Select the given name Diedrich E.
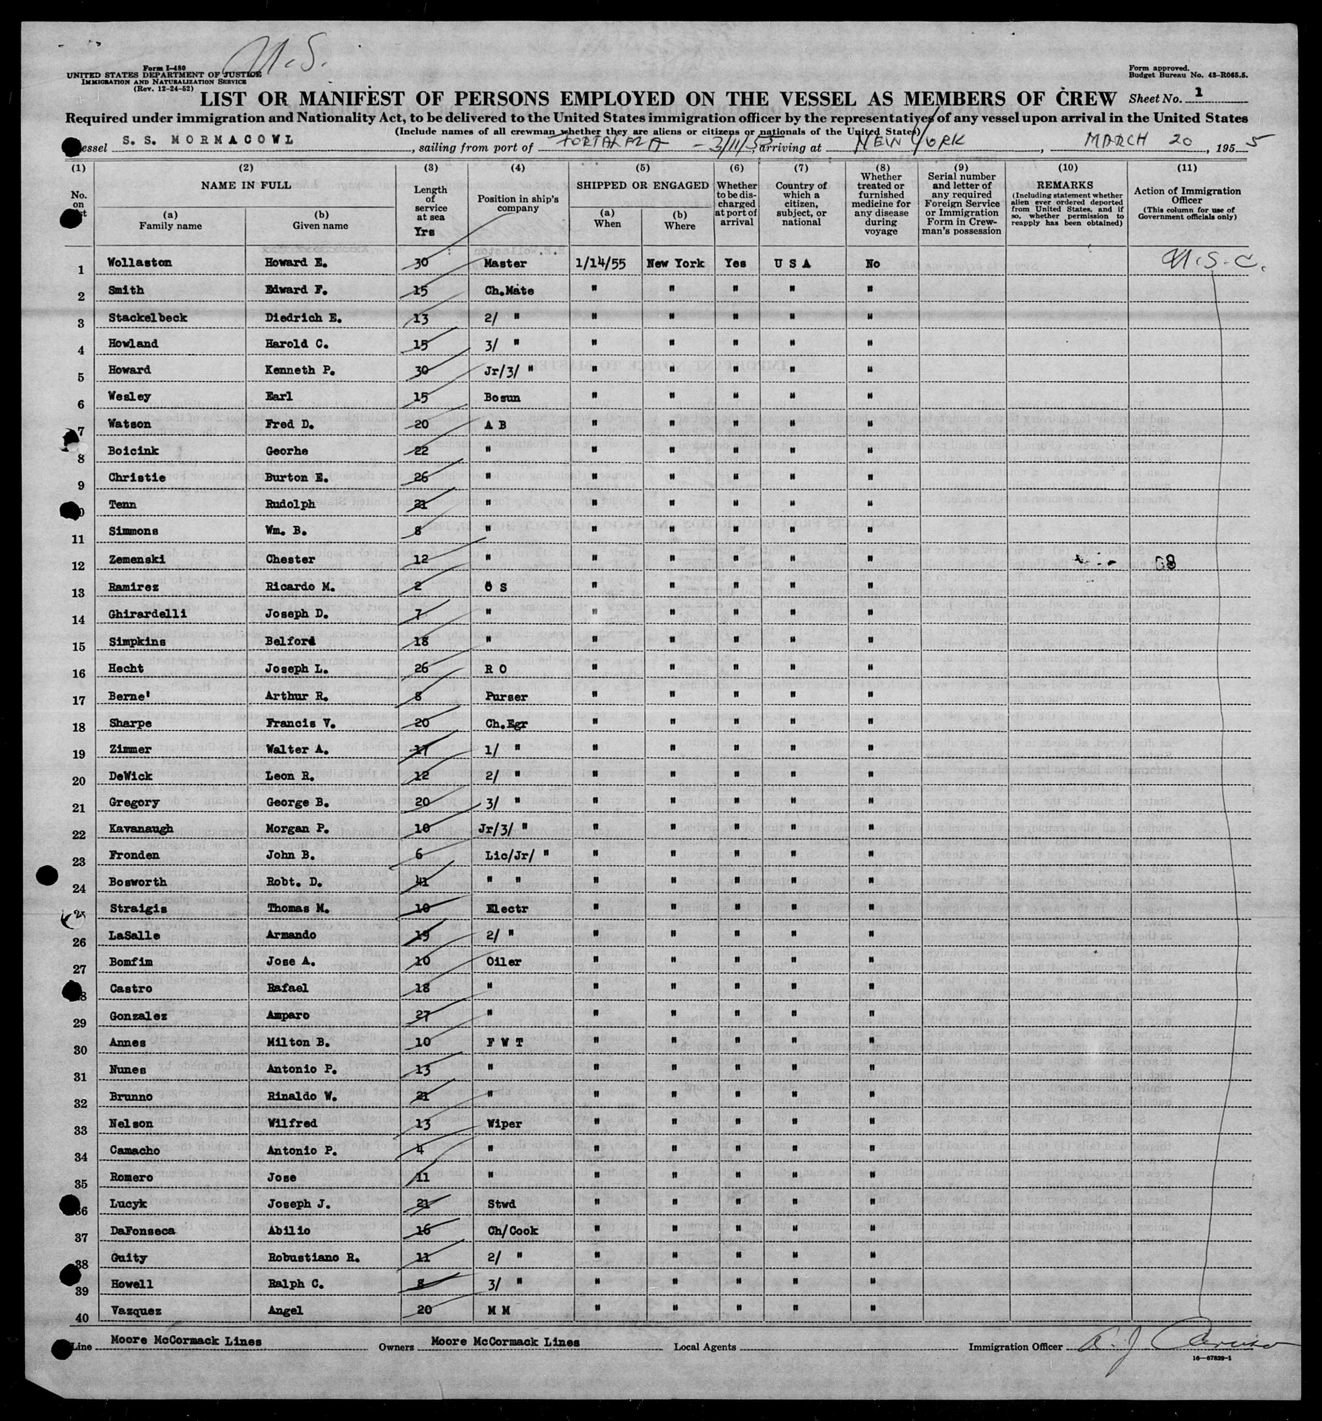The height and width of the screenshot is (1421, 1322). click(297, 317)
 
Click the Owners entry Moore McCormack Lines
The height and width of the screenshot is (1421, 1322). click(504, 1342)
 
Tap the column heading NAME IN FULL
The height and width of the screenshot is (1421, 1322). click(246, 185)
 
